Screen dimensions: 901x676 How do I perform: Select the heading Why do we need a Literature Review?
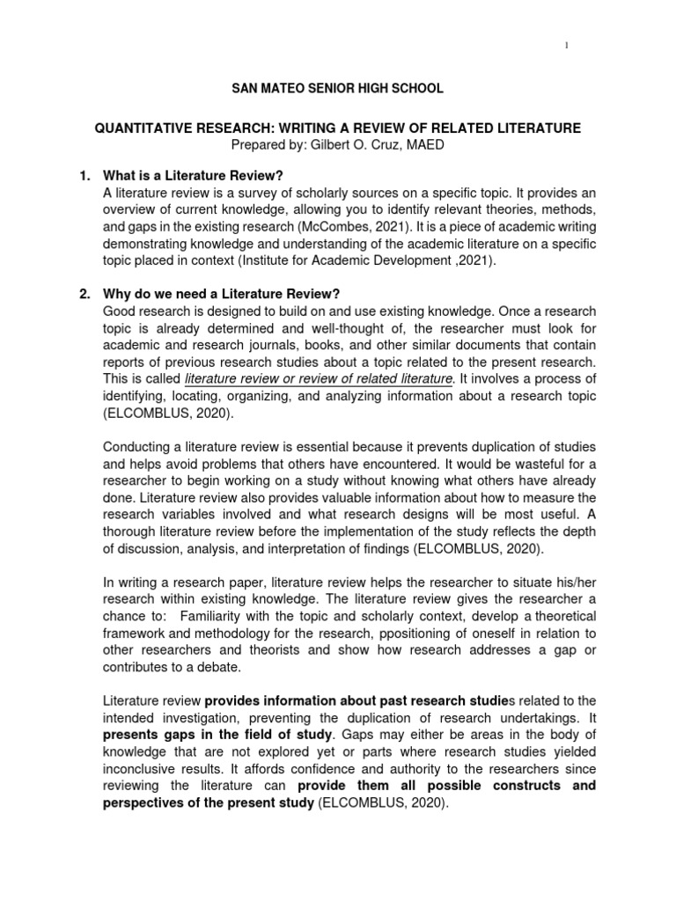pyautogui.click(x=221, y=293)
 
